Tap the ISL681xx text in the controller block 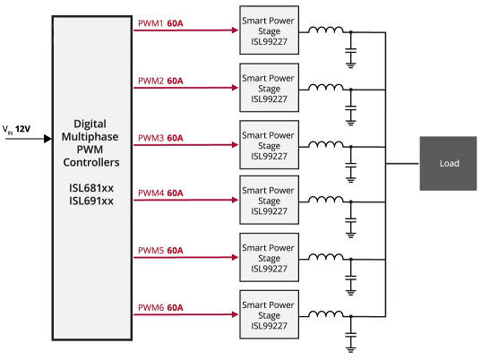pyautogui.click(x=93, y=190)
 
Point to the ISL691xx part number pyautogui.click(x=93, y=202)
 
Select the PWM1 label pyautogui.click(x=150, y=25)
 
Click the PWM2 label pyautogui.click(x=150, y=81)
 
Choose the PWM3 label pyautogui.click(x=150, y=137)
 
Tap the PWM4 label pyautogui.click(x=150, y=193)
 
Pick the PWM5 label pyautogui.click(x=150, y=250)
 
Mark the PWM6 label pyautogui.click(x=150, y=307)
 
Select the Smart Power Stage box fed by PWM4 pyautogui.click(x=269, y=200)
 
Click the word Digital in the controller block pyautogui.click(x=93, y=126)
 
